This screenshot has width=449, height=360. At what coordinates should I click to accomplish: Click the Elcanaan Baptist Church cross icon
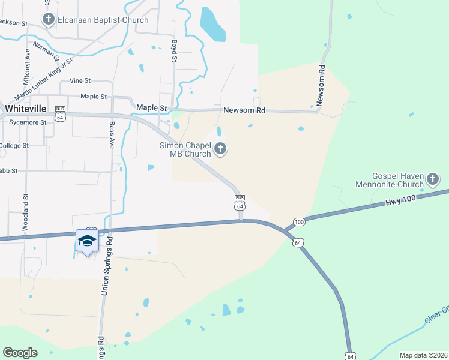pyautogui.click(x=49, y=20)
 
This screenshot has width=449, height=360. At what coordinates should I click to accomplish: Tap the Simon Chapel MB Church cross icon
pyautogui.click(x=220, y=149)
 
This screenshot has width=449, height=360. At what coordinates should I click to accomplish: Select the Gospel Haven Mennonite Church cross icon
pyautogui.click(x=432, y=179)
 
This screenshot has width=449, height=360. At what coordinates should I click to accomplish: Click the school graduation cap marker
pyautogui.click(x=87, y=241)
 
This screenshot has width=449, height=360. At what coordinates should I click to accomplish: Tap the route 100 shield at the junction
pyautogui.click(x=300, y=222)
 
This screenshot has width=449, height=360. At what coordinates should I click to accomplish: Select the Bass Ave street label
pyautogui.click(x=112, y=135)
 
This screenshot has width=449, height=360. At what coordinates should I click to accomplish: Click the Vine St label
pyautogui.click(x=80, y=80)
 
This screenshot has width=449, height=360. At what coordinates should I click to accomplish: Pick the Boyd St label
pyautogui.click(x=175, y=51)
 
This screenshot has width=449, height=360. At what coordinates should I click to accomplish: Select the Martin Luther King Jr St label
pyautogui.click(x=44, y=79)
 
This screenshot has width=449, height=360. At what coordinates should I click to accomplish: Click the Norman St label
pyautogui.click(x=46, y=51)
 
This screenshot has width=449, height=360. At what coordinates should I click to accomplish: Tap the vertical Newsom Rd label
pyautogui.click(x=321, y=86)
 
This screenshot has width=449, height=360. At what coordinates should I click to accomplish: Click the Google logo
pyautogui.click(x=20, y=353)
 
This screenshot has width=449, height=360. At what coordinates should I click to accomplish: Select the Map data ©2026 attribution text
pyautogui.click(x=423, y=355)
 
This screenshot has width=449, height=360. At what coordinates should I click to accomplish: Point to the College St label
pyautogui.click(x=14, y=146)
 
